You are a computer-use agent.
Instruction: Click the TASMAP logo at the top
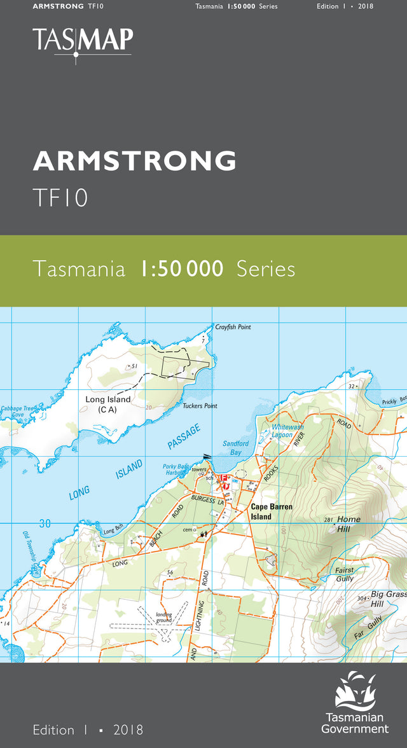(83, 41)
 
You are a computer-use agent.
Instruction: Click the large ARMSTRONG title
(134, 161)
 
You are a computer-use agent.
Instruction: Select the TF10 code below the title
(60, 197)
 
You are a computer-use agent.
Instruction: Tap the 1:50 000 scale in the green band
(182, 269)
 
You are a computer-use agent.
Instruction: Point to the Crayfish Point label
(233, 327)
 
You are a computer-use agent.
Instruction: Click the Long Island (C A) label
(108, 405)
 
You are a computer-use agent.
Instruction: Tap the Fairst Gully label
(345, 574)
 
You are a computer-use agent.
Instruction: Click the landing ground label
(164, 617)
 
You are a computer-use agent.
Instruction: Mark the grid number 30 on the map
(45, 523)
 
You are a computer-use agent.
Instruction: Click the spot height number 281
(328, 520)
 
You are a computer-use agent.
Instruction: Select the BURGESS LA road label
(207, 500)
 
